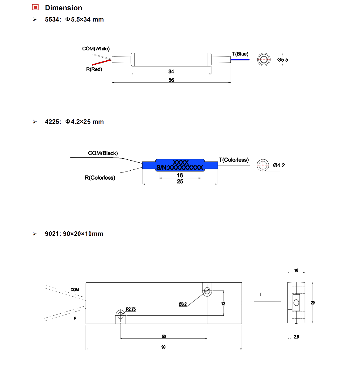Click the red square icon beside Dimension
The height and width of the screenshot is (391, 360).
(x=36, y=7)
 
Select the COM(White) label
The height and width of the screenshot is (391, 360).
(x=96, y=49)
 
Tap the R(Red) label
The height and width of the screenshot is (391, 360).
(x=94, y=69)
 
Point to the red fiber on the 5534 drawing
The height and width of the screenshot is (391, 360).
(x=102, y=62)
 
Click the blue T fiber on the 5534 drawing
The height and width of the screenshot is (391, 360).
(x=240, y=59)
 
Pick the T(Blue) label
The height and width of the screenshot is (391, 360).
(x=240, y=54)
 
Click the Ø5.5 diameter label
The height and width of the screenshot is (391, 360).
(x=283, y=60)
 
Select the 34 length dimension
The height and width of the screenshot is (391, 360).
(x=171, y=71)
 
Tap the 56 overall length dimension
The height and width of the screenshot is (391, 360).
(x=171, y=80)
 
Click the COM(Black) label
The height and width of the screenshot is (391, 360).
(x=103, y=153)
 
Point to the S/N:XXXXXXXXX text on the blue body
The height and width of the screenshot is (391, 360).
(x=180, y=168)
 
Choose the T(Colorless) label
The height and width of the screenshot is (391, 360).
(x=234, y=160)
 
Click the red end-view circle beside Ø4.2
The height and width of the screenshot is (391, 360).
(x=263, y=165)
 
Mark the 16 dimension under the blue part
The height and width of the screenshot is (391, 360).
(x=180, y=175)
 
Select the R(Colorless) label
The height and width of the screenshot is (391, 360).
(x=100, y=178)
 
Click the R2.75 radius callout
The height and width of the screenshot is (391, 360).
(x=131, y=309)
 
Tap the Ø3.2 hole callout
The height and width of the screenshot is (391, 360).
(x=183, y=304)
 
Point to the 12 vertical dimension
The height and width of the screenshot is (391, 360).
(x=223, y=304)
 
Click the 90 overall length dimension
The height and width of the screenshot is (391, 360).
(x=164, y=347)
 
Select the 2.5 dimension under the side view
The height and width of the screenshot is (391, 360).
(x=296, y=337)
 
